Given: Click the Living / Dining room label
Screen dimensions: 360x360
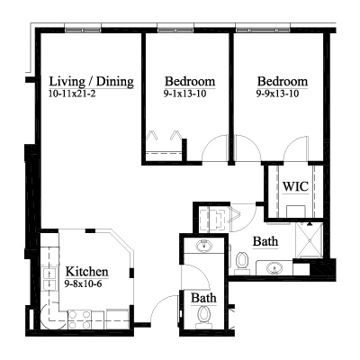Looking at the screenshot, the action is point(91,82).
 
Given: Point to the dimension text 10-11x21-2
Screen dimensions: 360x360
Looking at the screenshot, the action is point(72,94).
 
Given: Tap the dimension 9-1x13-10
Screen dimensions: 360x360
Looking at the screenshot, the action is point(184,94).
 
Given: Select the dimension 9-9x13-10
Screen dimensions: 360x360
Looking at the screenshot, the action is point(277,94).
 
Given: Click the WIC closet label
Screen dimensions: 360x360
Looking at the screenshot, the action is point(295,186).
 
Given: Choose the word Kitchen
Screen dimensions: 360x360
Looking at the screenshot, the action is point(87,272).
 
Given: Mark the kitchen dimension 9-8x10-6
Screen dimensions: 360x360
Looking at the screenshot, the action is point(83,283).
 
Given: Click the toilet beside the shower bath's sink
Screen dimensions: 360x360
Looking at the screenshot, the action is point(242,263).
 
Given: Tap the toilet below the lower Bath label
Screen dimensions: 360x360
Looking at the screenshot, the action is point(204,317).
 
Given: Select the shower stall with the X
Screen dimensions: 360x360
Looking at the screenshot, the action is point(309,240).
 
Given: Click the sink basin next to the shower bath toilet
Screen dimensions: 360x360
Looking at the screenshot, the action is point(274,267).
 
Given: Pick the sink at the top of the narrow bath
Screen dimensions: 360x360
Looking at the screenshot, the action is point(204,247).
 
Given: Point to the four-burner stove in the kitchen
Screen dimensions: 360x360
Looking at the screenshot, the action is point(79,319).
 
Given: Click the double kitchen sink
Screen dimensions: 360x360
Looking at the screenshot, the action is point(49,279).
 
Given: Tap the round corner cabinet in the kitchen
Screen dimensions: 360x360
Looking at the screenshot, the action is point(50,318).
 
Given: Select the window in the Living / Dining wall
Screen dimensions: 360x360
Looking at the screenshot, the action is point(83,30).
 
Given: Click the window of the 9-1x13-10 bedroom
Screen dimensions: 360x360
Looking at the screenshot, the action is point(175,30).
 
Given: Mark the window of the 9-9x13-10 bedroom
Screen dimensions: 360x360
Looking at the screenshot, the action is point(263,30).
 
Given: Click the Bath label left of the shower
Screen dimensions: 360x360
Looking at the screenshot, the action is point(265,241).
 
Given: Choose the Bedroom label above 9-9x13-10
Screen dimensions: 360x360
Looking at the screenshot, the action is point(283,82).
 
